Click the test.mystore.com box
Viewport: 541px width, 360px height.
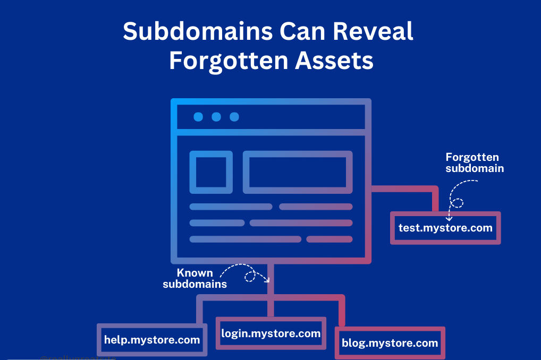pyautogui.click(x=445, y=228)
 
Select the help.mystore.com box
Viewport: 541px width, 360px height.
pyautogui.click(x=152, y=340)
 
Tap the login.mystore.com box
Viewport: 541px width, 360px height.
pyautogui.click(x=271, y=333)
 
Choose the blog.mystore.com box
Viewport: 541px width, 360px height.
pyautogui.click(x=390, y=343)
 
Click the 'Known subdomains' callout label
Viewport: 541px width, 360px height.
pyautogui.click(x=195, y=278)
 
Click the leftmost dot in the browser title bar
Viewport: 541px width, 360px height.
pyautogui.click(x=198, y=117)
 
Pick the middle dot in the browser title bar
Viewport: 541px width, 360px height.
pyautogui.click(x=216, y=117)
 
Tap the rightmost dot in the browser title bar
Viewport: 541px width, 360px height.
pyautogui.click(x=234, y=117)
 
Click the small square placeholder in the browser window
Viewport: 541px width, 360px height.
pyautogui.click(x=211, y=172)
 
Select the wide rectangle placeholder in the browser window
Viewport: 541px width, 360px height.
pyautogui.click(x=298, y=172)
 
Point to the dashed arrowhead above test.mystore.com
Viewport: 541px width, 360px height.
pyautogui.click(x=449, y=218)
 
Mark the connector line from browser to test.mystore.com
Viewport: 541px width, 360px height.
pyautogui.click(x=404, y=188)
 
